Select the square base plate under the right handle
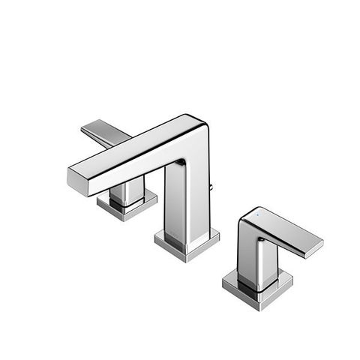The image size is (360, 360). tap(258, 289)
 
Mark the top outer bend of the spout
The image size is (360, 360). tap(201, 122)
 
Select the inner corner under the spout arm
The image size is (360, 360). tap(181, 161)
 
